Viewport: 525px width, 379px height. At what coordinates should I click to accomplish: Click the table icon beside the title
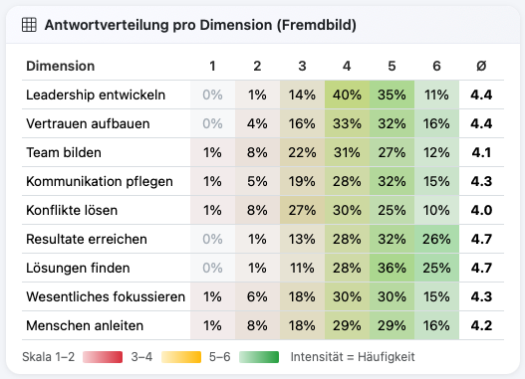click(30, 25)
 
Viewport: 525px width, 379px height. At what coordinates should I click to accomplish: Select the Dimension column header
click(60, 67)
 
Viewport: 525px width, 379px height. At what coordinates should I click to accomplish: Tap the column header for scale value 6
click(436, 67)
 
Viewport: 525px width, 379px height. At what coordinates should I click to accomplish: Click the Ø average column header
click(481, 67)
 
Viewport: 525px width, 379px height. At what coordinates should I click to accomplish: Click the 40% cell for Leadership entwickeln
click(347, 95)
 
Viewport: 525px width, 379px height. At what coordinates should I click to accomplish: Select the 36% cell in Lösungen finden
click(392, 268)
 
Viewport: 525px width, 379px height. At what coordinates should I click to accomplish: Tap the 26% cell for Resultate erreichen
click(436, 240)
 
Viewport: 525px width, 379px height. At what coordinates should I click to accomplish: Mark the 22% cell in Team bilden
click(302, 153)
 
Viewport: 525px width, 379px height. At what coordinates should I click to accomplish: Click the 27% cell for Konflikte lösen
click(302, 211)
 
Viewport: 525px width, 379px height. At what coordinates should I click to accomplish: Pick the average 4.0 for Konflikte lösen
click(481, 211)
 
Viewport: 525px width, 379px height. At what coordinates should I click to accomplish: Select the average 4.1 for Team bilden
click(481, 153)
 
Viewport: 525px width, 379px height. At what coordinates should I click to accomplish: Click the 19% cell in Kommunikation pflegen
click(302, 182)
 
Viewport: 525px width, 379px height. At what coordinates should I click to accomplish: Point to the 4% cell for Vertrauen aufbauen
click(257, 124)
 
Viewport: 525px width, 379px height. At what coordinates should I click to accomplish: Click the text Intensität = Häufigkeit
click(353, 355)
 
